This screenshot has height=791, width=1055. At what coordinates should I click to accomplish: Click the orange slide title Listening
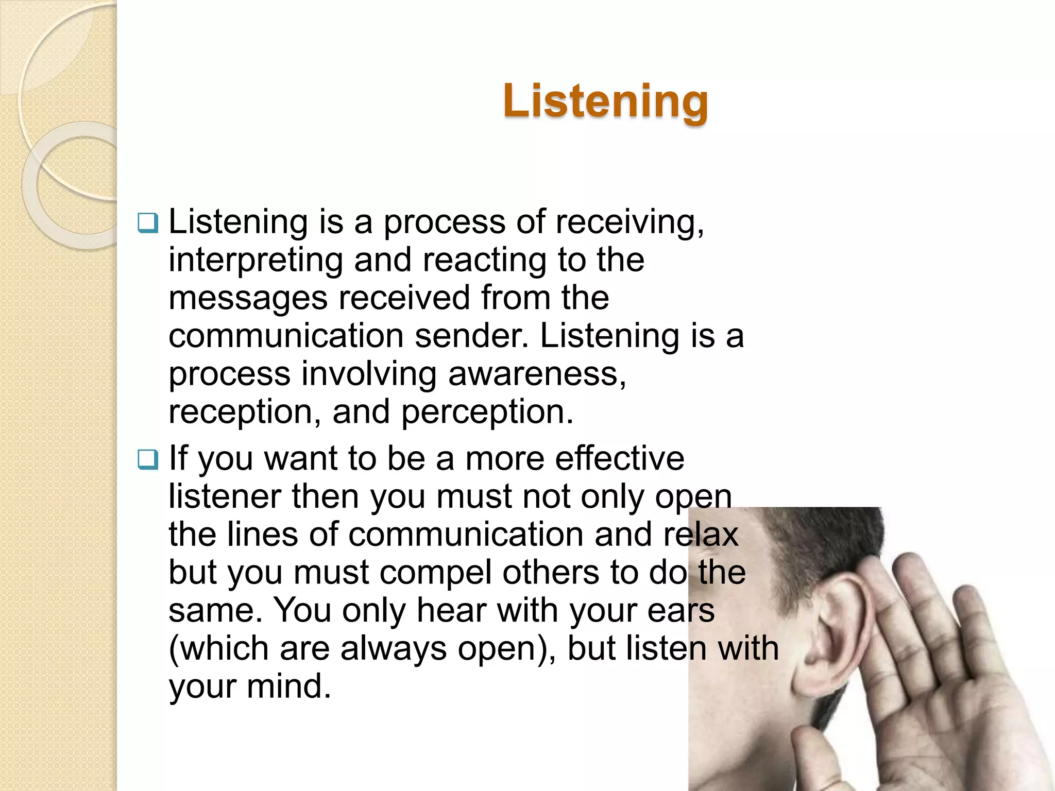coord(605,101)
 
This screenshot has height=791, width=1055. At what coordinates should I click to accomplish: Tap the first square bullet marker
coord(148,223)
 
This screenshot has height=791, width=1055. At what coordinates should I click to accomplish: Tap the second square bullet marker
coord(148,459)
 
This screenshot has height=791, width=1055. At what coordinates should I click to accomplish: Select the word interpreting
coord(256,261)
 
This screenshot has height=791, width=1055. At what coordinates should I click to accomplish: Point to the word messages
coord(248,299)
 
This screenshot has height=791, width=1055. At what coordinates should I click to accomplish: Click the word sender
coord(471,336)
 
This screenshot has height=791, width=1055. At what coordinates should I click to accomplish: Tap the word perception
coord(487,412)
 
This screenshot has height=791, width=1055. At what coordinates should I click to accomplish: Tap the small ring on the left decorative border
coord(72,185)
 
